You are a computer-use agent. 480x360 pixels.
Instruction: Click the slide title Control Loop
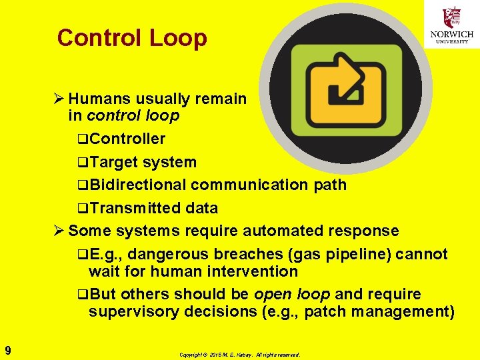pyautogui.click(x=132, y=38)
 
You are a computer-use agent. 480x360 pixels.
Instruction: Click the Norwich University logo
pyautogui.click(x=452, y=25)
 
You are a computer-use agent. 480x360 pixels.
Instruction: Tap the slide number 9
pyautogui.click(x=7, y=349)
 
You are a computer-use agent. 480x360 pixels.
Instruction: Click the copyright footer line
pyautogui.click(x=239, y=355)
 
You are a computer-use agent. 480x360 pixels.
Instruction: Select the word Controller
pyautogui.click(x=127, y=139)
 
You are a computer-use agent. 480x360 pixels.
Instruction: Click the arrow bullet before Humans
pyautogui.click(x=59, y=99)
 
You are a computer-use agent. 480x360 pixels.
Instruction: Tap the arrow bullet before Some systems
pyautogui.click(x=59, y=231)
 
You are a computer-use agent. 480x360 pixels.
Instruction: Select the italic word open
pyautogui.click(x=271, y=294)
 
